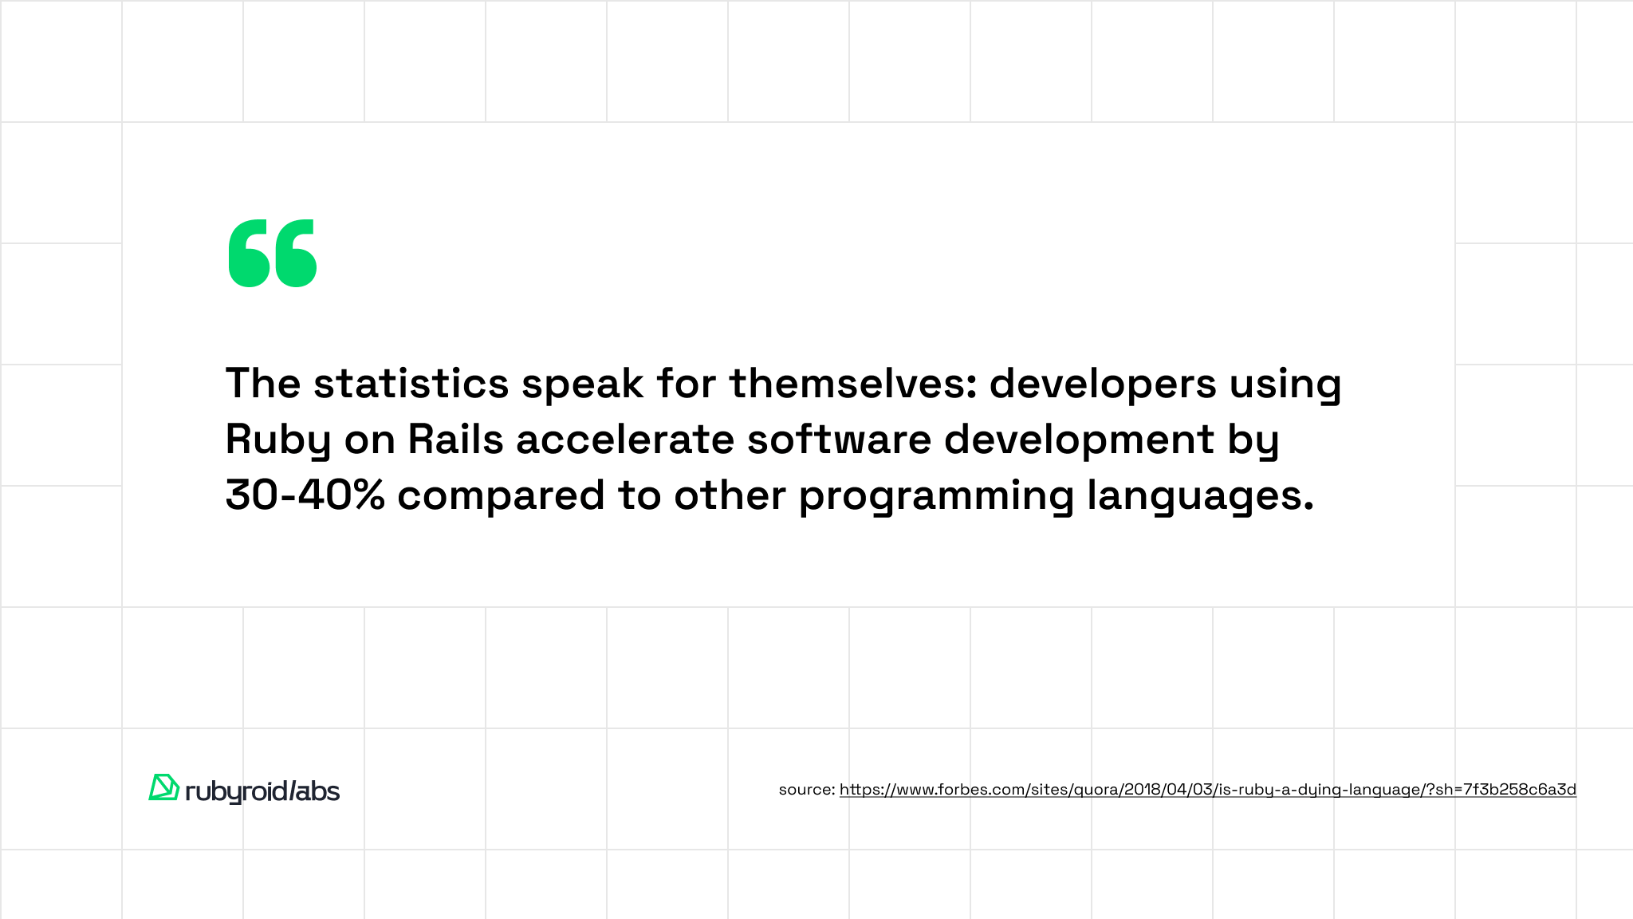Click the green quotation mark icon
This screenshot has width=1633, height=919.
[273, 253]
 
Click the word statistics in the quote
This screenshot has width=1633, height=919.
[411, 383]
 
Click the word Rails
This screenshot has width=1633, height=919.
[456, 439]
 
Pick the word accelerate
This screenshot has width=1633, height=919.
[625, 439]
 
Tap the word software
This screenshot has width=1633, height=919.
[840, 439]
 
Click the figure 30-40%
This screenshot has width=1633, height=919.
[305, 495]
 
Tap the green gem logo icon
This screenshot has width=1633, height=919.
[163, 787]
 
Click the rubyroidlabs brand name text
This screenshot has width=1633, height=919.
[262, 791]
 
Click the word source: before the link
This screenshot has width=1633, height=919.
[807, 790]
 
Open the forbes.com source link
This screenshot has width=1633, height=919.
[1208, 790]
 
